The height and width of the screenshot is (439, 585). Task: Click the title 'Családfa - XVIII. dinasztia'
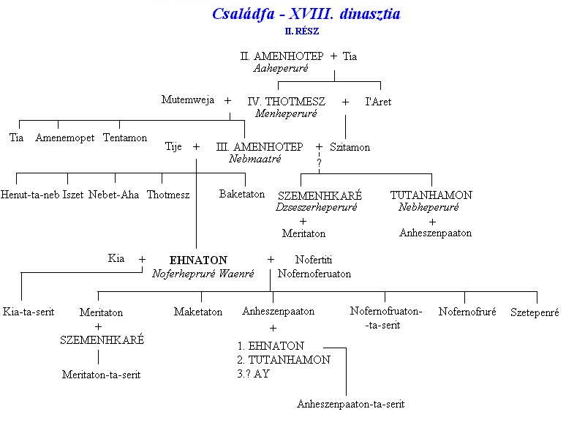click(x=306, y=14)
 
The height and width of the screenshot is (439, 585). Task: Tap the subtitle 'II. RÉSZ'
click(x=302, y=31)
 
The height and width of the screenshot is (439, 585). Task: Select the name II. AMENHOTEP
click(x=282, y=56)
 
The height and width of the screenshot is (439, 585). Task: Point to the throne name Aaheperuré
click(x=281, y=68)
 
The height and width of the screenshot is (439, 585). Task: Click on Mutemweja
click(x=188, y=100)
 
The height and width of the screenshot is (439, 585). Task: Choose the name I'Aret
click(x=378, y=102)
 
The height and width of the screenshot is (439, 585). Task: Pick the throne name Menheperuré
click(x=286, y=113)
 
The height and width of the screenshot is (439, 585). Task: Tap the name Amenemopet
click(x=65, y=138)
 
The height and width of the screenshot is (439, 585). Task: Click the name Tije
click(x=174, y=147)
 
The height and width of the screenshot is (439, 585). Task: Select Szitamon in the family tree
click(x=350, y=147)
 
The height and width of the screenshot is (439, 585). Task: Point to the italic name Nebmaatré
click(x=255, y=159)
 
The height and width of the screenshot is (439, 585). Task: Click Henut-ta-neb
click(x=31, y=195)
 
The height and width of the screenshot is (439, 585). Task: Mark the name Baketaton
click(x=242, y=194)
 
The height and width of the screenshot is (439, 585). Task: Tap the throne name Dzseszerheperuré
click(x=317, y=207)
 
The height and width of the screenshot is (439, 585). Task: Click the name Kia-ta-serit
click(x=29, y=312)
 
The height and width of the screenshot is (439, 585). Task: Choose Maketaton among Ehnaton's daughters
click(x=198, y=312)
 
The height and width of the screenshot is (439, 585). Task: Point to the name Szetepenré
click(x=535, y=312)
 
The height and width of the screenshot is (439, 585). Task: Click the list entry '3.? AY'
click(x=253, y=373)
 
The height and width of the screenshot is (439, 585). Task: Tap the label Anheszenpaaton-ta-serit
click(x=350, y=404)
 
